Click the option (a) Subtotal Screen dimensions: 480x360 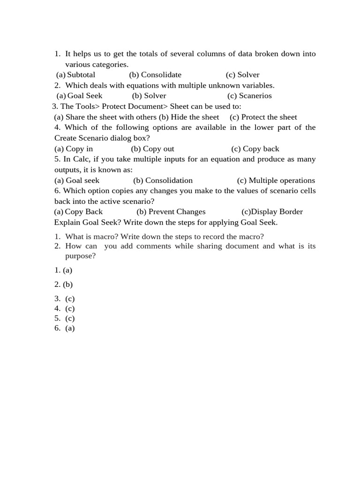point(75,75)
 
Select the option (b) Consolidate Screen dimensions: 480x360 point(155,75)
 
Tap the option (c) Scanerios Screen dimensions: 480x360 point(249,96)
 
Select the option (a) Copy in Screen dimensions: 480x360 point(74,149)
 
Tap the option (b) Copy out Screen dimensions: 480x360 point(152,149)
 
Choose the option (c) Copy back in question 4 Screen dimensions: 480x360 point(255,149)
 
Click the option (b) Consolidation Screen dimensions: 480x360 point(163,180)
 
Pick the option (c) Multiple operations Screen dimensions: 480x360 point(276,180)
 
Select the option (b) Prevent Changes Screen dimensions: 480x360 point(171,211)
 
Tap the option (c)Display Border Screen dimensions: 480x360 point(272,211)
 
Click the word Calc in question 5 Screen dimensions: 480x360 point(81,159)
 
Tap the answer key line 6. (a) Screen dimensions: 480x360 point(65,328)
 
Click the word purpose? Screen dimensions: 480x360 point(80,256)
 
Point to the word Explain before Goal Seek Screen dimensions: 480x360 point(67,222)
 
